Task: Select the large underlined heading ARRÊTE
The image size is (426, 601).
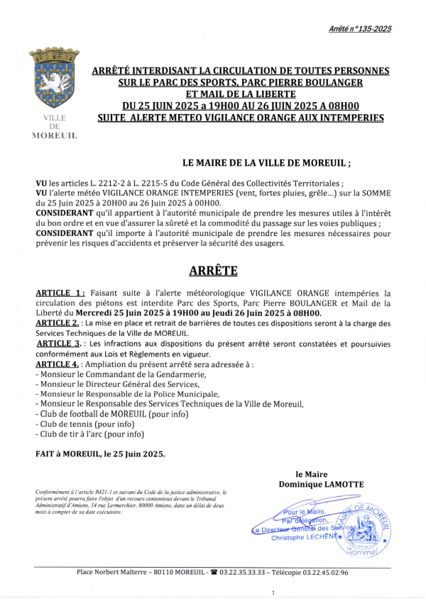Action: click(213, 271)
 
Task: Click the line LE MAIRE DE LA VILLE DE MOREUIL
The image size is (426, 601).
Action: click(266, 162)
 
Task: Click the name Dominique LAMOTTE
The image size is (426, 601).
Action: click(319, 484)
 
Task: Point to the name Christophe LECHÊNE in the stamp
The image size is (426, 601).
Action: click(305, 538)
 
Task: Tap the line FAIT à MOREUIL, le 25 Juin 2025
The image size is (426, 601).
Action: click(100, 454)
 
